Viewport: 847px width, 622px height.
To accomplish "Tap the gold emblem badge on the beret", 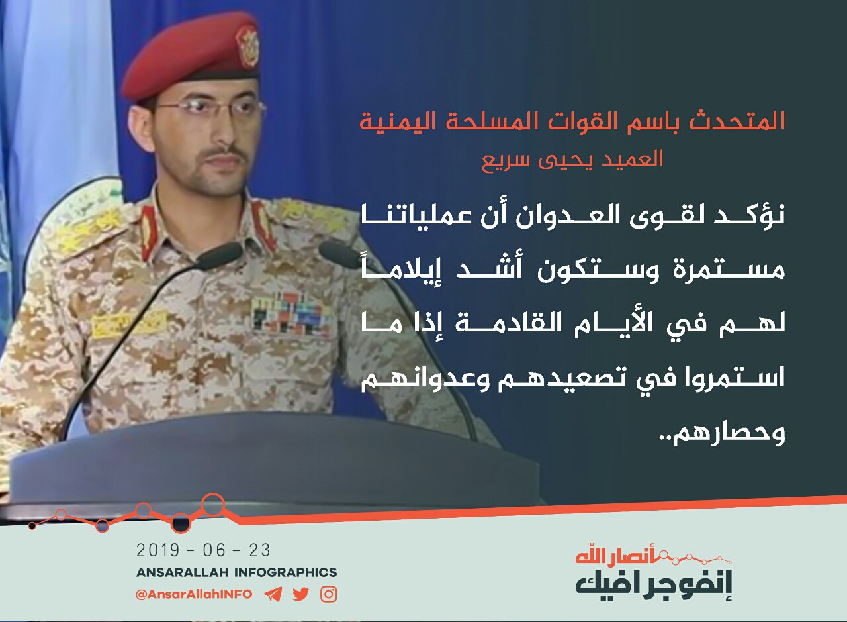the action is click(247, 46).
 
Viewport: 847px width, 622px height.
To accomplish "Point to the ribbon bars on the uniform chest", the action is click(290, 313).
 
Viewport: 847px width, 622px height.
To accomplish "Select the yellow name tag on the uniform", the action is click(128, 324).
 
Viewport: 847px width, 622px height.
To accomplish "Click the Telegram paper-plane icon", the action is click(273, 594).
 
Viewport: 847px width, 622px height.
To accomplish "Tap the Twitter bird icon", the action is click(300, 594).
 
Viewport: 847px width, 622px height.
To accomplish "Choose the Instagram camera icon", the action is click(329, 594).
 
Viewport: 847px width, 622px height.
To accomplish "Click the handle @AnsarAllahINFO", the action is click(194, 594).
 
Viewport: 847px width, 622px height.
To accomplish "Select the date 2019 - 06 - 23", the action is click(203, 550).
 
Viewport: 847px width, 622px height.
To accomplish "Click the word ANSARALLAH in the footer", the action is click(182, 572).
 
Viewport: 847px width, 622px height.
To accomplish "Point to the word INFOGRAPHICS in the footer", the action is click(285, 572).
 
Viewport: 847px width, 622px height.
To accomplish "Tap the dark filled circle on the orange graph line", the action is click(181, 523).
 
